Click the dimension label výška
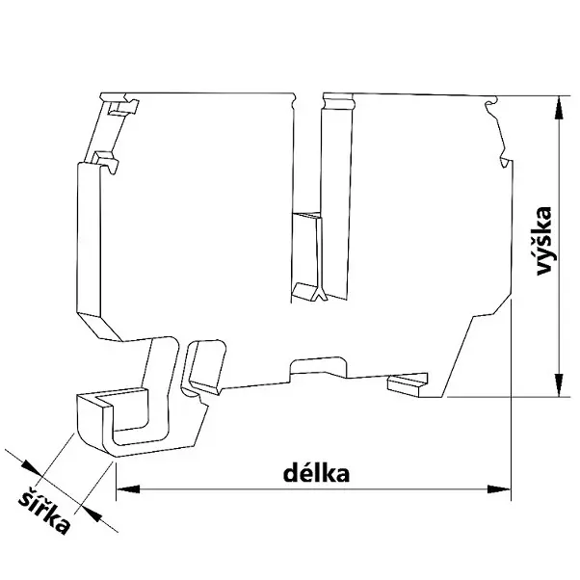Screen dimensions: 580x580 (545, 242)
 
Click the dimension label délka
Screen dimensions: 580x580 (313, 473)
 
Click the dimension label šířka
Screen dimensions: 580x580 (47, 511)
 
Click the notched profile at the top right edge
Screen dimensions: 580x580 (496, 135)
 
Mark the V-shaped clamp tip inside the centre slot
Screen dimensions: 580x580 (311, 292)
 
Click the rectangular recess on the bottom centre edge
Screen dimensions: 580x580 (318, 366)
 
